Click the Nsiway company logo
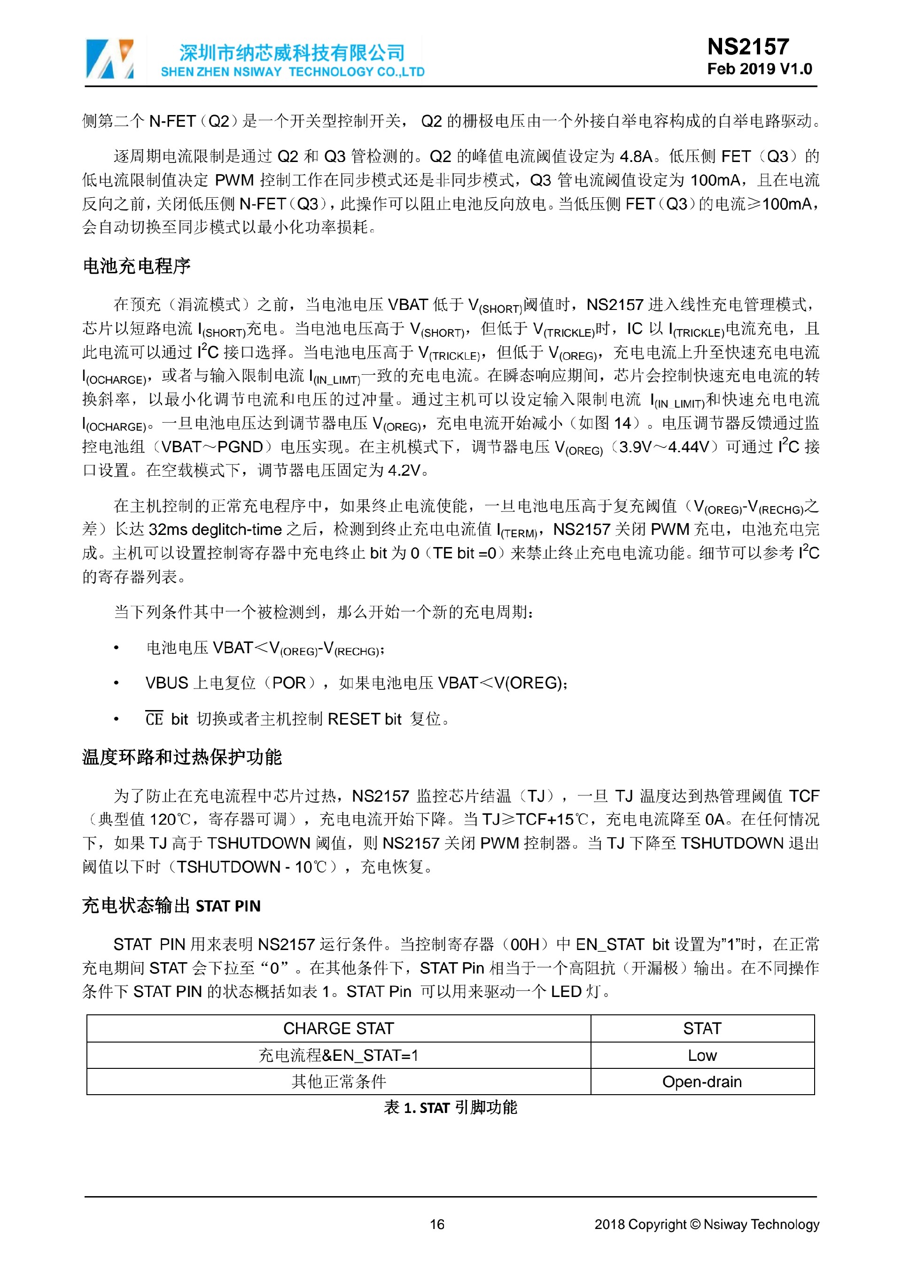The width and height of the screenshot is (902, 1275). (x=109, y=59)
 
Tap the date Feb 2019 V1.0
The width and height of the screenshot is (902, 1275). (x=759, y=70)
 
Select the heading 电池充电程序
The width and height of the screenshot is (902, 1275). (x=137, y=266)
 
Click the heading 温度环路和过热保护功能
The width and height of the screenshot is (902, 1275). (x=182, y=757)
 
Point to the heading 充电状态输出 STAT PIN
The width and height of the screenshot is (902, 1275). (x=171, y=906)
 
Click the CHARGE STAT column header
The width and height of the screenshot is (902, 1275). (x=338, y=1029)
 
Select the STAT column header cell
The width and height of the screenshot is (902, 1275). (x=702, y=1029)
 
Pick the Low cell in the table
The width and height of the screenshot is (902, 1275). (x=702, y=1056)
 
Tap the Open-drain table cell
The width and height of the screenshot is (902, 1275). (x=702, y=1082)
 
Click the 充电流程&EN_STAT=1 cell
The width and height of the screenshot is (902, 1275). (x=338, y=1056)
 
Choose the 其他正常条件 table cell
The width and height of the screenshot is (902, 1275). (x=338, y=1082)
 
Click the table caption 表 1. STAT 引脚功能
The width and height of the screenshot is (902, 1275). (x=451, y=1108)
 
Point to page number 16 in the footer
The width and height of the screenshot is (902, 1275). (x=437, y=1224)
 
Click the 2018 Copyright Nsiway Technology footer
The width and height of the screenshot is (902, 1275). (x=707, y=1224)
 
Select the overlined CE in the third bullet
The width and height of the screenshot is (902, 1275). (x=154, y=719)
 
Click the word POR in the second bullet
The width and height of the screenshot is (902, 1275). (x=289, y=683)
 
